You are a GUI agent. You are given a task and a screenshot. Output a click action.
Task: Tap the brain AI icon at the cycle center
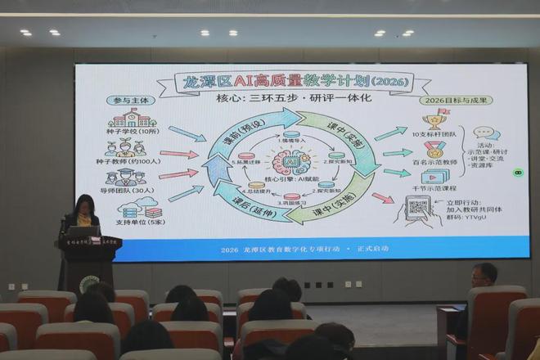pyautogui.click(x=291, y=159)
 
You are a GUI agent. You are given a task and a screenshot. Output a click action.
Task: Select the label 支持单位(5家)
pyautogui.click(x=131, y=223)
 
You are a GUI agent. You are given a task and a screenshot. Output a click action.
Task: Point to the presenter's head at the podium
pyautogui.click(x=84, y=205)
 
